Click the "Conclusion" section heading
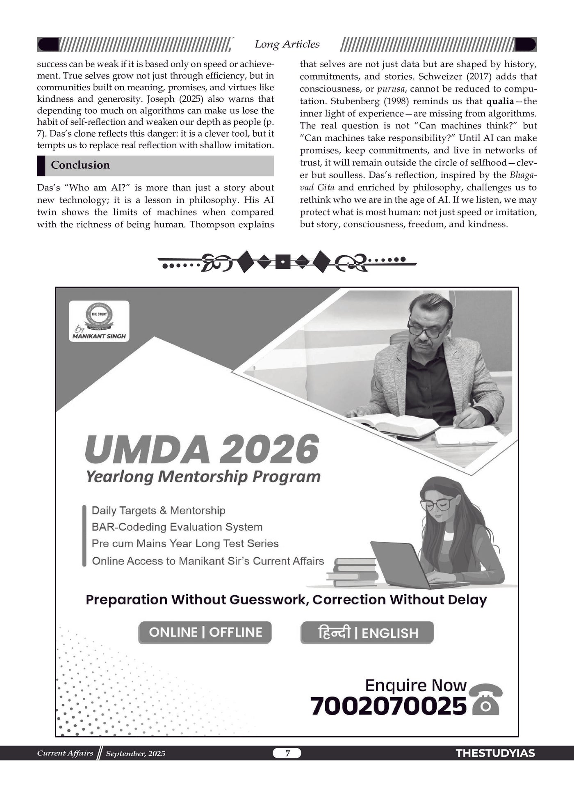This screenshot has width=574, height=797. (80, 165)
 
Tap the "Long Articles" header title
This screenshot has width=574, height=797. (287, 44)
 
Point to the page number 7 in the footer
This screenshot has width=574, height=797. (287, 753)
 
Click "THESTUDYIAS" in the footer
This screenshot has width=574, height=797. (495, 753)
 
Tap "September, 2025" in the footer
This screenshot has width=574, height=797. (136, 753)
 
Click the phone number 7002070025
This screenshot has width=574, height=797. (388, 706)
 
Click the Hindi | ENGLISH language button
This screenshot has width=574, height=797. (367, 633)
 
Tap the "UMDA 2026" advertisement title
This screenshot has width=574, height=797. (202, 449)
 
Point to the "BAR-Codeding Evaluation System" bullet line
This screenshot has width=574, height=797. (177, 527)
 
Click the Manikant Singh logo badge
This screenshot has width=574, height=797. (99, 321)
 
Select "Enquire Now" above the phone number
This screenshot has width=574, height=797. (415, 685)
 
